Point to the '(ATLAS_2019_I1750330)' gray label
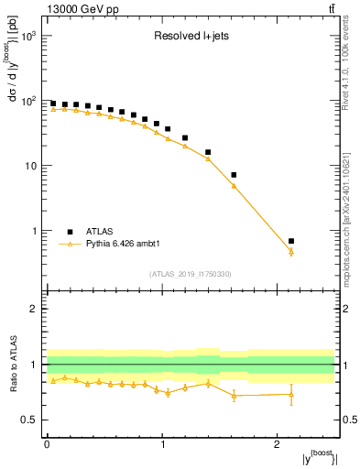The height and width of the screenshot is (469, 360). [190, 274]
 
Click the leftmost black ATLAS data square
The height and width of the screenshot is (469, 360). [53, 104]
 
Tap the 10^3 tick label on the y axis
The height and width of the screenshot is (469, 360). [28, 36]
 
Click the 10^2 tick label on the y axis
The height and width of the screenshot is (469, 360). [28, 101]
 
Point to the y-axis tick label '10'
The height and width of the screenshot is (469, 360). [30, 166]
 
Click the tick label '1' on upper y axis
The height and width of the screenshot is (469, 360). [34, 231]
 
